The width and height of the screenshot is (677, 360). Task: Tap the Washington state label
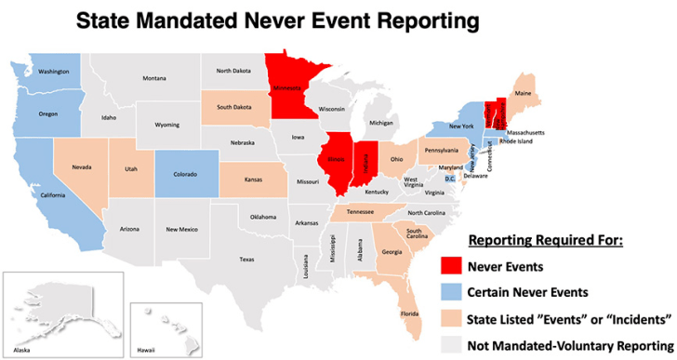[x=54, y=71]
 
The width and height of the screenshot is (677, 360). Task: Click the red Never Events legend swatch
[x=448, y=266]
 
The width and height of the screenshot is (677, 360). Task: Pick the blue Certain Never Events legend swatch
[x=448, y=291]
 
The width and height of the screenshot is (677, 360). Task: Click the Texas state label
[x=246, y=259]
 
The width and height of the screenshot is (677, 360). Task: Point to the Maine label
[x=524, y=94]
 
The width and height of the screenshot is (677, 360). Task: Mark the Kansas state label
[x=252, y=178]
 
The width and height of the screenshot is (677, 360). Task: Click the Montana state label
[x=153, y=78]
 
